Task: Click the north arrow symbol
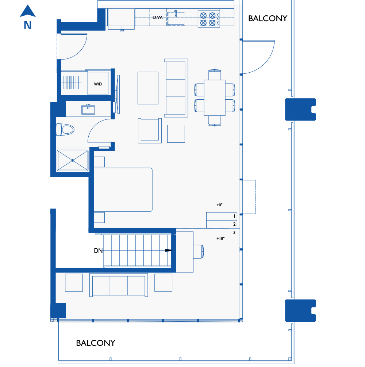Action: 28,11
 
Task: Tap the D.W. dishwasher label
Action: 158,17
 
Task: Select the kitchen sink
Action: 176,18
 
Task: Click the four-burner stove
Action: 209,19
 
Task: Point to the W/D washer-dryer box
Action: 98,84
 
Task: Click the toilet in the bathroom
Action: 65,130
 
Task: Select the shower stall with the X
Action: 73,160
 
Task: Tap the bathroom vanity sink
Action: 88,110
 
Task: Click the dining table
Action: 215,98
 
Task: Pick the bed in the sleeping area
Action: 123,190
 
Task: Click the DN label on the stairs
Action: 98,251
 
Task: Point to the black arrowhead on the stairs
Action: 169,250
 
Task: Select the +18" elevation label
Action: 220,238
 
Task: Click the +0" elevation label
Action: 219,205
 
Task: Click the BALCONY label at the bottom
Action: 96,343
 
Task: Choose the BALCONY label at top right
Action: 268,18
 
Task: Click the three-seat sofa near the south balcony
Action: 119,285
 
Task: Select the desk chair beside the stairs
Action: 199,251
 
